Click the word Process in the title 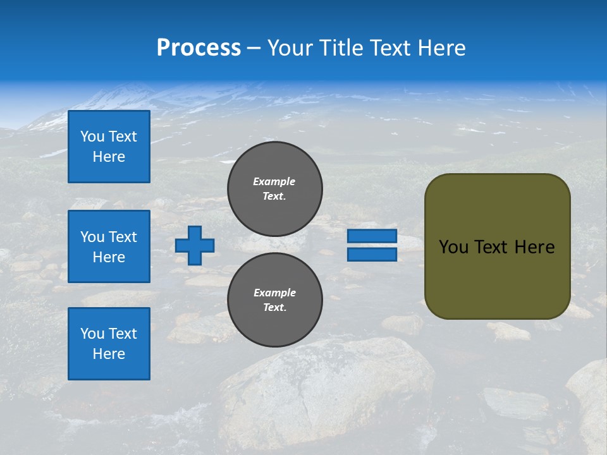point(199,48)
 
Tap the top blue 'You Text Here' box point(109,147)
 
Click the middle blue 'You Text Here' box point(109,246)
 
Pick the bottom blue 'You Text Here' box point(109,344)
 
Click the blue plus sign point(195,245)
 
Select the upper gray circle point(275,189)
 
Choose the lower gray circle point(275,300)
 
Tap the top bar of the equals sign point(372,236)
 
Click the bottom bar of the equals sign point(372,254)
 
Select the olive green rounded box point(497,246)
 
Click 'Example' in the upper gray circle point(274,181)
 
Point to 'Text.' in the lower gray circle point(274,308)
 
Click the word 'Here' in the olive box point(534,247)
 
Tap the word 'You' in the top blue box point(92,136)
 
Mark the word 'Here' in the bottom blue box point(109,354)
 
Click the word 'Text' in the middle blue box point(123,237)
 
